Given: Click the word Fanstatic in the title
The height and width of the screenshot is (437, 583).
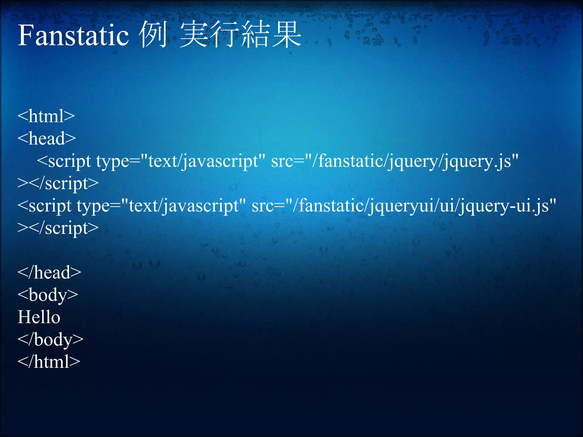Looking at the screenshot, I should [73, 35].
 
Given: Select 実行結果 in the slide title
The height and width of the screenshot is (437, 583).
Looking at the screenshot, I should [241, 35].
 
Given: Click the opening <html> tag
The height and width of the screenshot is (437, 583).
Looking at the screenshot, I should [46, 116].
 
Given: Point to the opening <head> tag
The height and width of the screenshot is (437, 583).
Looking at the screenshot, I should [47, 139].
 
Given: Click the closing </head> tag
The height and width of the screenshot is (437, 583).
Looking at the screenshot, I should [49, 273].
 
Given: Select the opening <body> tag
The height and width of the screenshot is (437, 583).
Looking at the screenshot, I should [48, 295].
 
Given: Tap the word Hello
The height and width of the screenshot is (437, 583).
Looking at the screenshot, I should [39, 317].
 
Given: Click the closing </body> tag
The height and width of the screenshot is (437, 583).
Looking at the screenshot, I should [50, 339].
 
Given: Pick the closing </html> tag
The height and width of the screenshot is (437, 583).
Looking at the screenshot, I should [49, 362].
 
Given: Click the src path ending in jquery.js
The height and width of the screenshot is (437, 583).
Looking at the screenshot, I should [395, 161].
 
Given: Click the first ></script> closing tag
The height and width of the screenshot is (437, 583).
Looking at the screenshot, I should [58, 183].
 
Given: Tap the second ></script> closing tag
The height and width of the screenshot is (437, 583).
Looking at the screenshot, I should [58, 228].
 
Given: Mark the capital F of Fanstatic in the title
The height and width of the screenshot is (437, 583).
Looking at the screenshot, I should [25, 35].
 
